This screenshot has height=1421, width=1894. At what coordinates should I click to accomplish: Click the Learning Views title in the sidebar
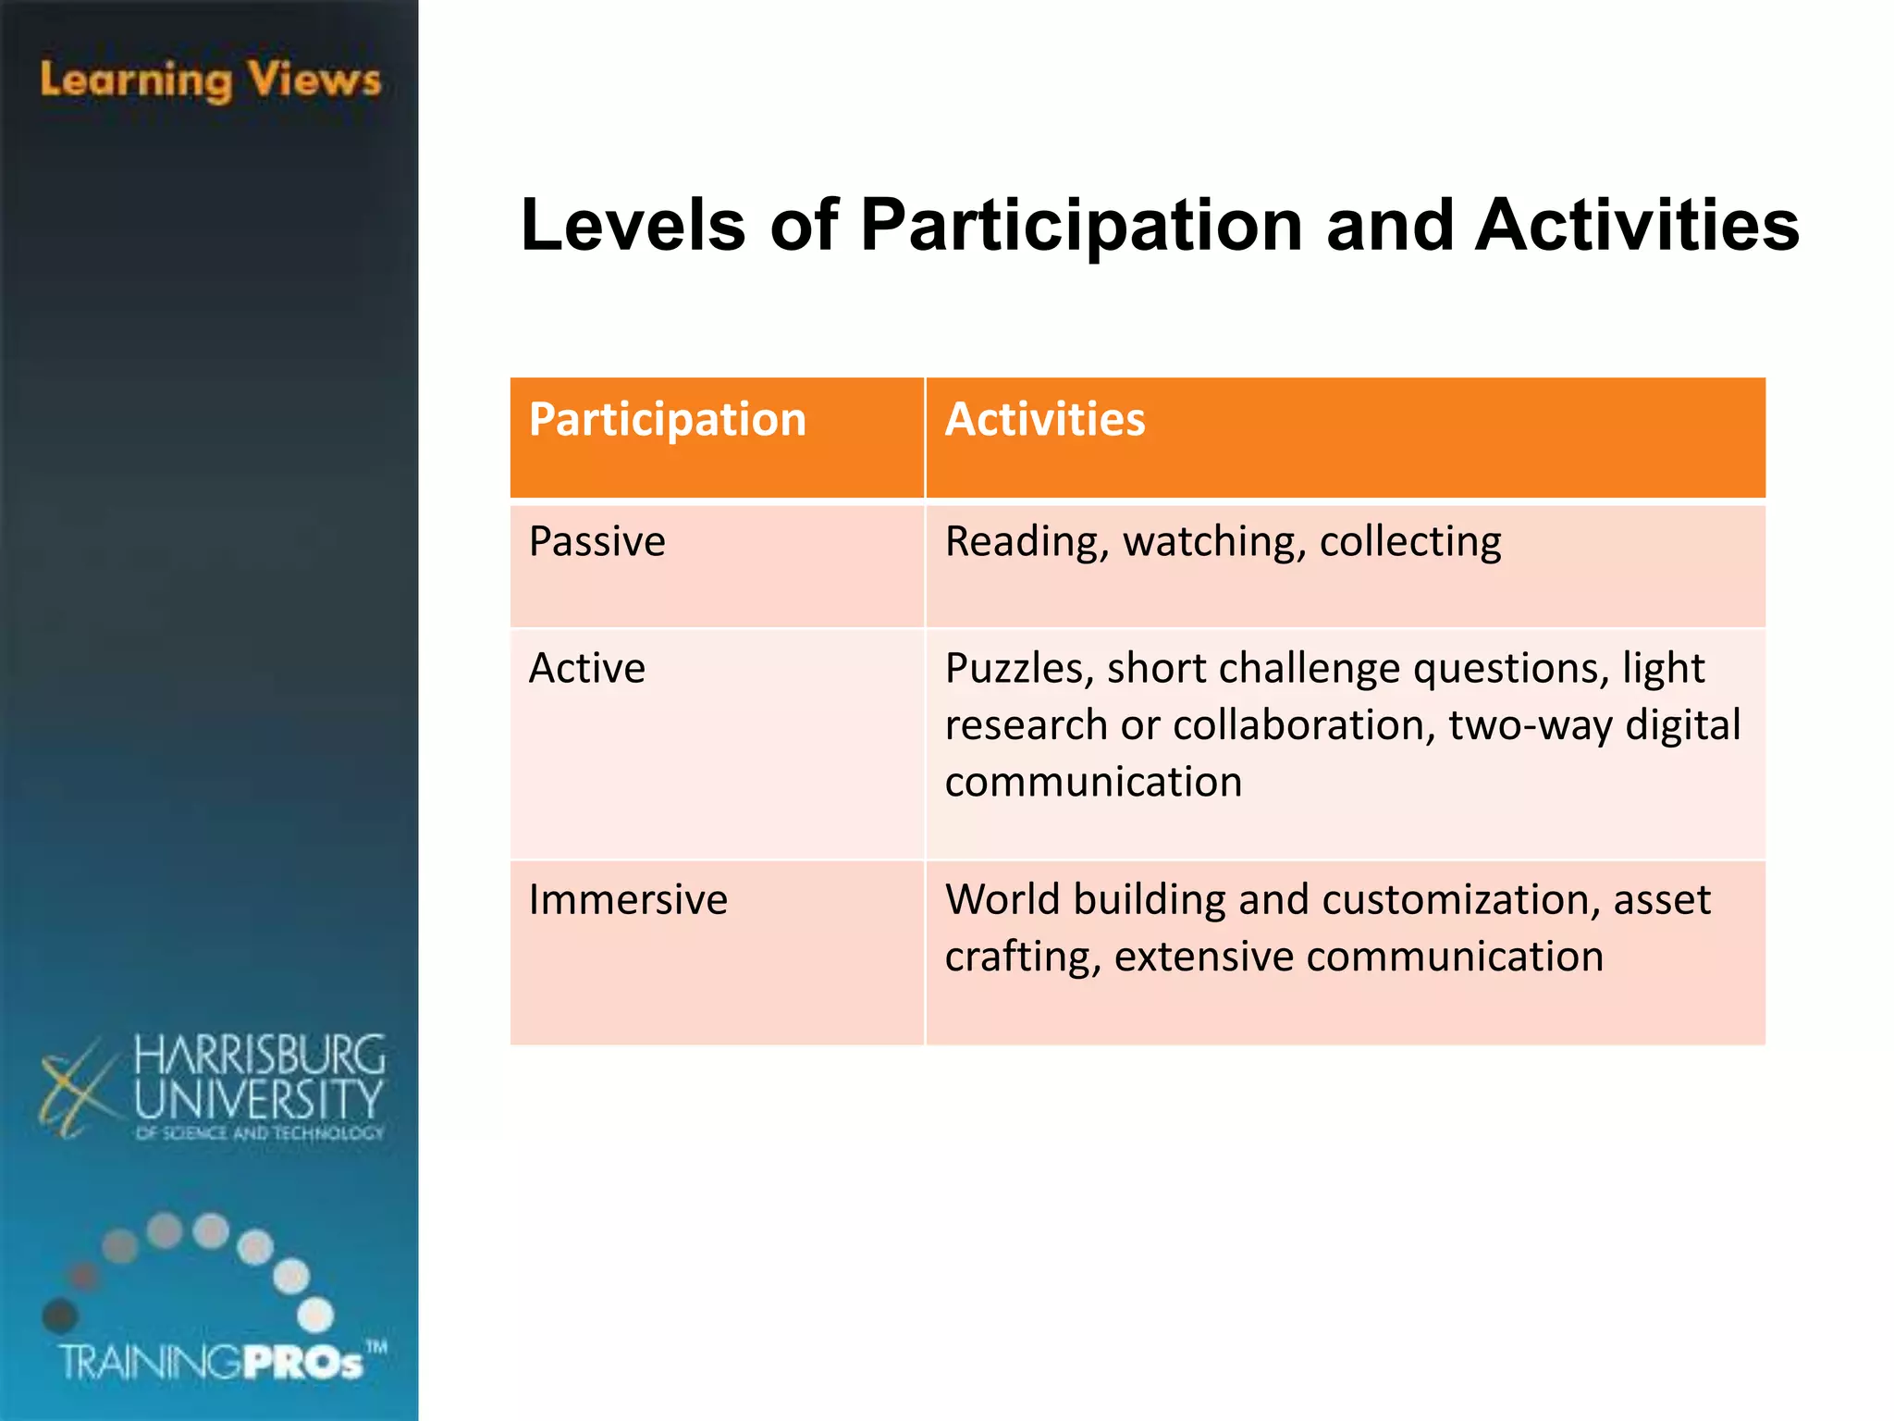pos(210,80)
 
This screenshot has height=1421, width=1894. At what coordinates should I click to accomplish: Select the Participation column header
pos(667,420)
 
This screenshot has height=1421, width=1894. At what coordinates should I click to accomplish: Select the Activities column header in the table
pos(1044,420)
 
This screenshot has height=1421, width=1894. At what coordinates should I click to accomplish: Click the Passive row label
pos(596,541)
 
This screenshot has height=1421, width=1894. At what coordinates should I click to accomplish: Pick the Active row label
pos(586,668)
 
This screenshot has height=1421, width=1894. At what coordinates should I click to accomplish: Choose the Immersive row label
pos(628,899)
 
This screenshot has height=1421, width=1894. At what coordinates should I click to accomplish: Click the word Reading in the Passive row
pos(1025,542)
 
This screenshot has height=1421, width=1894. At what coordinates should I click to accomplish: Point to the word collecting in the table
pos(1409,542)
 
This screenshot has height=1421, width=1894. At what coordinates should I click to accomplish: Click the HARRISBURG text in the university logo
pos(259,1055)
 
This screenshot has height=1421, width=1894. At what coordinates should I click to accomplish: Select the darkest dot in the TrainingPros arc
pos(61,1315)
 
